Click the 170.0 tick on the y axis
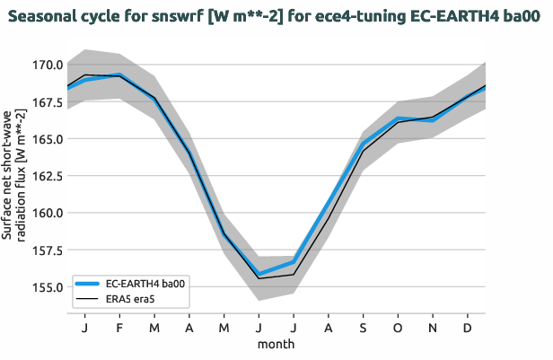[x=44, y=65]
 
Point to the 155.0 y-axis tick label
[x=44, y=287]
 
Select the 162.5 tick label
[x=44, y=176]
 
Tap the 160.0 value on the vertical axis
[x=44, y=214]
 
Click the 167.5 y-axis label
[x=44, y=102]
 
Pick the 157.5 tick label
[x=44, y=250]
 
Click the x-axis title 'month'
[x=276, y=343]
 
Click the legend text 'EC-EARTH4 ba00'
[x=145, y=283]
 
